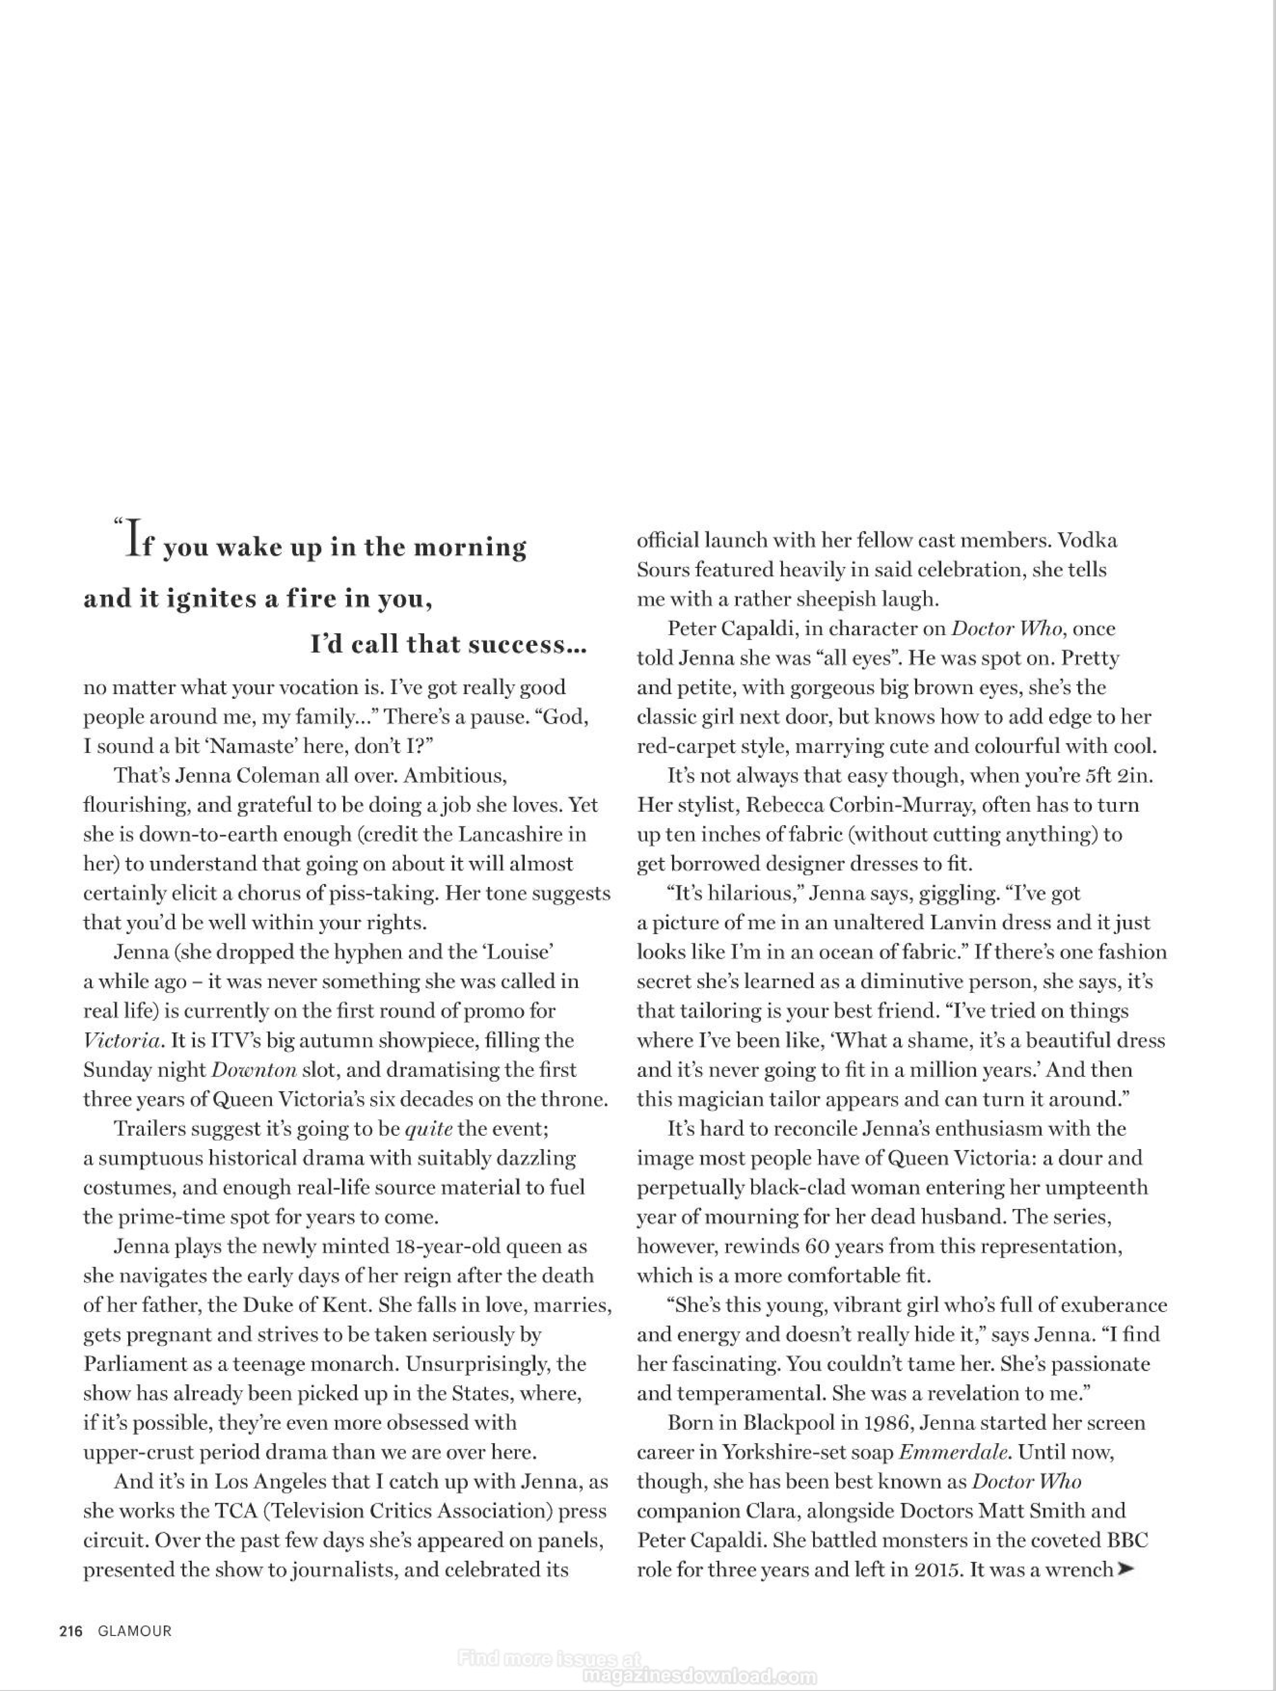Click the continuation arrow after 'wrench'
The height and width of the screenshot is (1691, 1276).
pos(1124,1570)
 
